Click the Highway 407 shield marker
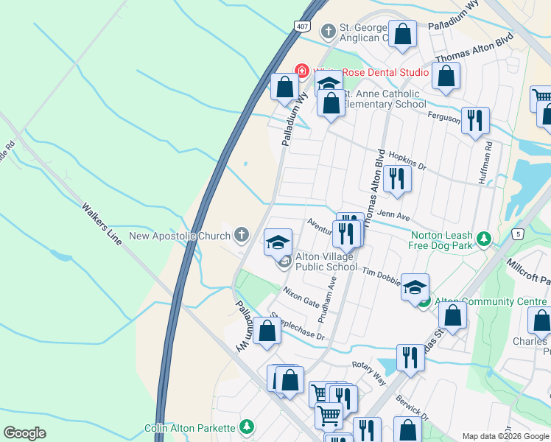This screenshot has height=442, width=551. (302, 27)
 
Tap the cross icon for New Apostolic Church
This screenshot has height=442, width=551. (241, 236)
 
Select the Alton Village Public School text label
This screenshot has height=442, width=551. (325, 262)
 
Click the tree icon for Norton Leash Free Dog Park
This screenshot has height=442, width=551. (483, 238)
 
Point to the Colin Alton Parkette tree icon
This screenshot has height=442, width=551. (247, 427)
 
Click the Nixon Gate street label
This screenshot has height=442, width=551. (301, 299)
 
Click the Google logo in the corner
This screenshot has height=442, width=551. (24, 433)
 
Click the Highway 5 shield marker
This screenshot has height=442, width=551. (519, 234)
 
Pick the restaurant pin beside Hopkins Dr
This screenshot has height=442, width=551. (397, 178)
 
